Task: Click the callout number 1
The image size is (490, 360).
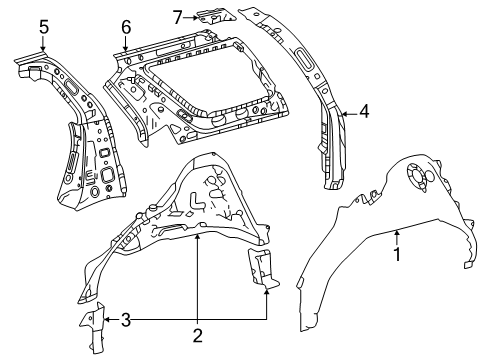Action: [397, 254]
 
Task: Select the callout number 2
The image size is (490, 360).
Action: [198, 335]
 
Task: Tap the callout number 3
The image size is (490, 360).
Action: [125, 320]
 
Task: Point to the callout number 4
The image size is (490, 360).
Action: [364, 111]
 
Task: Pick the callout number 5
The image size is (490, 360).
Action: [44, 27]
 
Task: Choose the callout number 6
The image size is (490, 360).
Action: [126, 27]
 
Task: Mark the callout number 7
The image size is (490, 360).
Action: [178, 17]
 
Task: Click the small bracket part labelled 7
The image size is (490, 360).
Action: [216, 17]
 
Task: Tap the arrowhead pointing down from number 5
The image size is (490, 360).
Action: [43, 48]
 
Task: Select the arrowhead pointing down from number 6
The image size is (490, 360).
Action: [125, 48]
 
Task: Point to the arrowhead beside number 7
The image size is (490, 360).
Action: [196, 18]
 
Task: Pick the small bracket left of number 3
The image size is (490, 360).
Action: [94, 327]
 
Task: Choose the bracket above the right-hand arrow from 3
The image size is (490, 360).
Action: [263, 268]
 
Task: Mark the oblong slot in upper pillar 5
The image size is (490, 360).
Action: [71, 87]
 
